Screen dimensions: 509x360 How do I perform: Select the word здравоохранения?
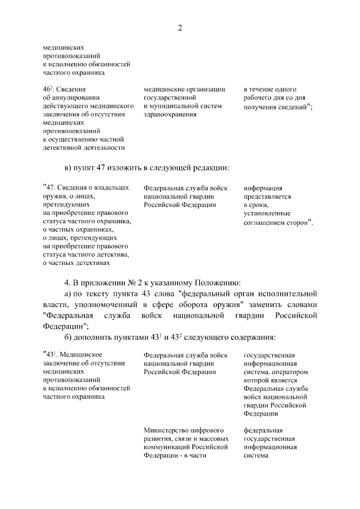point(170,114)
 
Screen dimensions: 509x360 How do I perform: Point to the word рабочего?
point(260,97)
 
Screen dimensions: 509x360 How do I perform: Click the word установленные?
point(267,213)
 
